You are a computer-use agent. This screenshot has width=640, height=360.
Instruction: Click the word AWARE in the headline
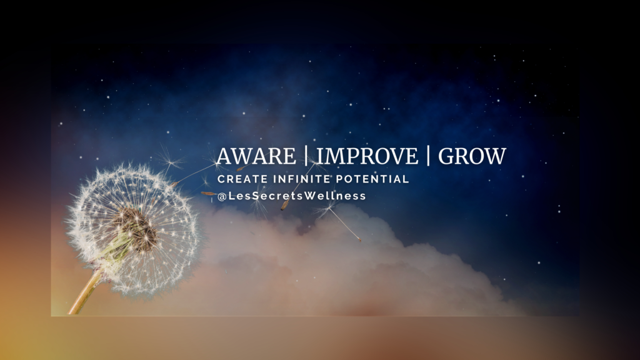[256, 156]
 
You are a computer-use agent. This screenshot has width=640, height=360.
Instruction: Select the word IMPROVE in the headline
[367, 156]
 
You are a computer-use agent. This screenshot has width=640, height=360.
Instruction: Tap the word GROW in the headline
[472, 156]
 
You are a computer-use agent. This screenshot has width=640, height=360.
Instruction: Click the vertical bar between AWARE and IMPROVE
[306, 156]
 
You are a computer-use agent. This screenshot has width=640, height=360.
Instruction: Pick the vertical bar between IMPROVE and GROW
[428, 156]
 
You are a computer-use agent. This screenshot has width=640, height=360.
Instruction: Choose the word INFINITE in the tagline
[301, 179]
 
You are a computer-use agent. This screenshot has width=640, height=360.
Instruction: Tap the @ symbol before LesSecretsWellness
[222, 197]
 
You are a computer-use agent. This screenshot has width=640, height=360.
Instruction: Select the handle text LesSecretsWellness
[297, 196]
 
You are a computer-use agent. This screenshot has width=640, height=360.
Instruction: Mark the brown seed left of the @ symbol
[208, 194]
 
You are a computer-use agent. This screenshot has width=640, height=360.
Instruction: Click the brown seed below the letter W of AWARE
[241, 168]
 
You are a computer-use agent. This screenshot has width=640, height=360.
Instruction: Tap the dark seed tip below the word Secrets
[284, 206]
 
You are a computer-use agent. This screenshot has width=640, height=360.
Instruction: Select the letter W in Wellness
[312, 196]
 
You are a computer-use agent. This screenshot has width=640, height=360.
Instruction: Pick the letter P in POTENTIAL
[339, 179]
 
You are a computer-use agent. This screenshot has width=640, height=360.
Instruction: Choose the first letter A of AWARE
[225, 156]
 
